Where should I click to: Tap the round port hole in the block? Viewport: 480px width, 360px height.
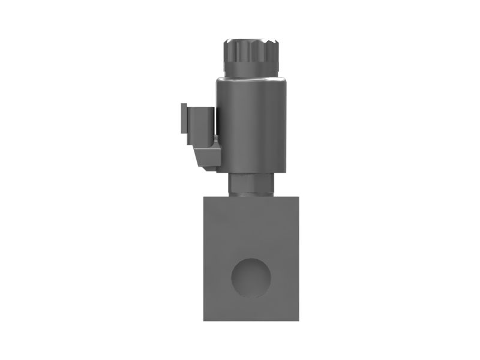point(251,278)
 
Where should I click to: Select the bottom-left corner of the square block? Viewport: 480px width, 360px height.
point(204,320)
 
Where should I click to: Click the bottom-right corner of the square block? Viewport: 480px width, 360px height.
point(299,320)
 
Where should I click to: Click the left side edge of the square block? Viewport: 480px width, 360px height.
point(204,258)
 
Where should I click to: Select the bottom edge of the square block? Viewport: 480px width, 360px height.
point(251,320)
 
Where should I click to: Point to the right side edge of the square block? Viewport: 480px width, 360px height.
point(299,258)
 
